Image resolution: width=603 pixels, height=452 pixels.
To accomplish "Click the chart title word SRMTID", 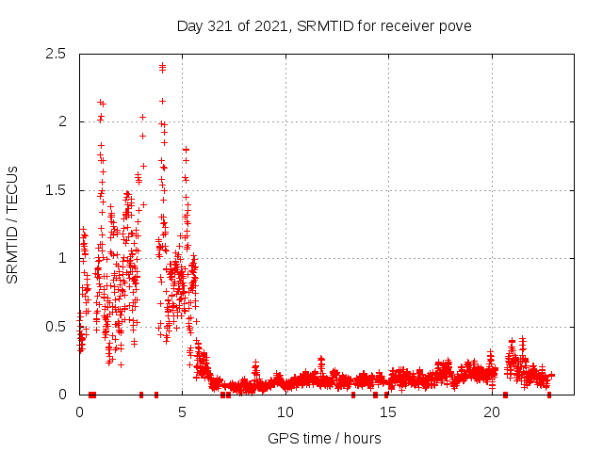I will tap(325, 25).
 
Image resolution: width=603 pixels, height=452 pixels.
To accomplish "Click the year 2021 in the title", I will tap(269, 25).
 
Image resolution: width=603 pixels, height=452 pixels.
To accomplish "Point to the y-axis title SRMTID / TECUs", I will tap(13, 224).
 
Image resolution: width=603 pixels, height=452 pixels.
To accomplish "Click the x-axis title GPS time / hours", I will tap(324, 438).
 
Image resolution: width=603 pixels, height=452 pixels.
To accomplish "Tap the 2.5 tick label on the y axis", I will tap(56, 54).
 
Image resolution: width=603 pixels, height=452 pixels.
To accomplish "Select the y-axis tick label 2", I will tap(62, 121).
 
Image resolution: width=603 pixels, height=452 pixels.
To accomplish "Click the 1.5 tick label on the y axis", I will tap(56, 190).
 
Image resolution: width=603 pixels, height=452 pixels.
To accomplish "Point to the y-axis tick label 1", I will tap(62, 258).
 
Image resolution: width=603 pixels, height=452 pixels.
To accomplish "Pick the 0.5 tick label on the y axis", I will tap(56, 327).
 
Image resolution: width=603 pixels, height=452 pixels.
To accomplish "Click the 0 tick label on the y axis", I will tap(62, 395).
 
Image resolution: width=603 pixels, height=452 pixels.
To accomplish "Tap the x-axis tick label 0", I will tap(79, 412).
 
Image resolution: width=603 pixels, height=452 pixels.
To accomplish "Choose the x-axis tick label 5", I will tap(182, 412).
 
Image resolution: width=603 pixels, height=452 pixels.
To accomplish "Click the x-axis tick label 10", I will tap(285, 412).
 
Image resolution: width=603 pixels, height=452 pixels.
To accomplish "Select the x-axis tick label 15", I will tap(388, 412).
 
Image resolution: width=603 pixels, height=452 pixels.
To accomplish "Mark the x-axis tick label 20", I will tap(491, 412).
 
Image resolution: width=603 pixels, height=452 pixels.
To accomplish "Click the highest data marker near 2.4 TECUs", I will tap(162, 65).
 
